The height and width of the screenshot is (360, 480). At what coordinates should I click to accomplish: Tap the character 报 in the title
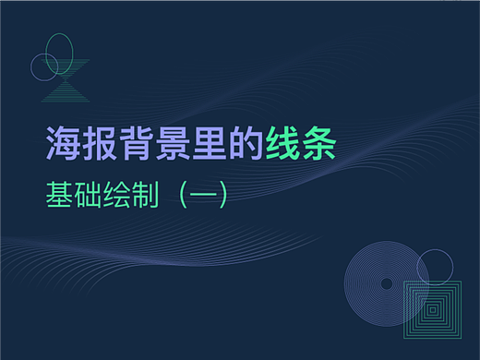99,144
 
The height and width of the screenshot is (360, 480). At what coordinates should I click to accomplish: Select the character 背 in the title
135,144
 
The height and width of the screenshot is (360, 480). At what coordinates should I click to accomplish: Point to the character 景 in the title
171,144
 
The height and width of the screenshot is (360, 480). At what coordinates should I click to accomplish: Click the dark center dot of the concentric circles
386,282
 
